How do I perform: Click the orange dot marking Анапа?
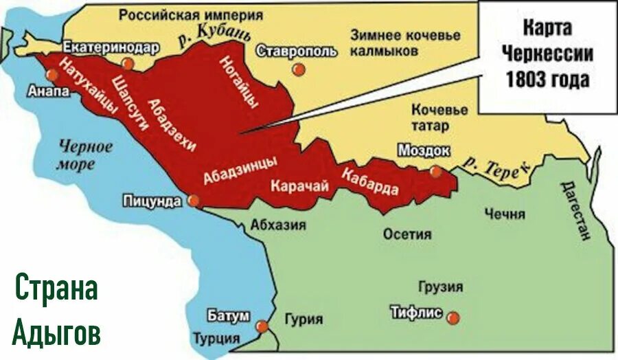[x=51, y=76]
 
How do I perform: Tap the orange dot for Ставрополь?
[x=297, y=69]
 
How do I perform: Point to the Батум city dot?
[x=262, y=327]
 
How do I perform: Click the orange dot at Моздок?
[x=434, y=172]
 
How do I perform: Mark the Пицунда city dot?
[x=194, y=201]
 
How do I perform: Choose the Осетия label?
[x=407, y=234]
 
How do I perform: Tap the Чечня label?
[x=503, y=214]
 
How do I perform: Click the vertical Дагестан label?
[x=575, y=210]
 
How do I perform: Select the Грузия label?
[x=439, y=286]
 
